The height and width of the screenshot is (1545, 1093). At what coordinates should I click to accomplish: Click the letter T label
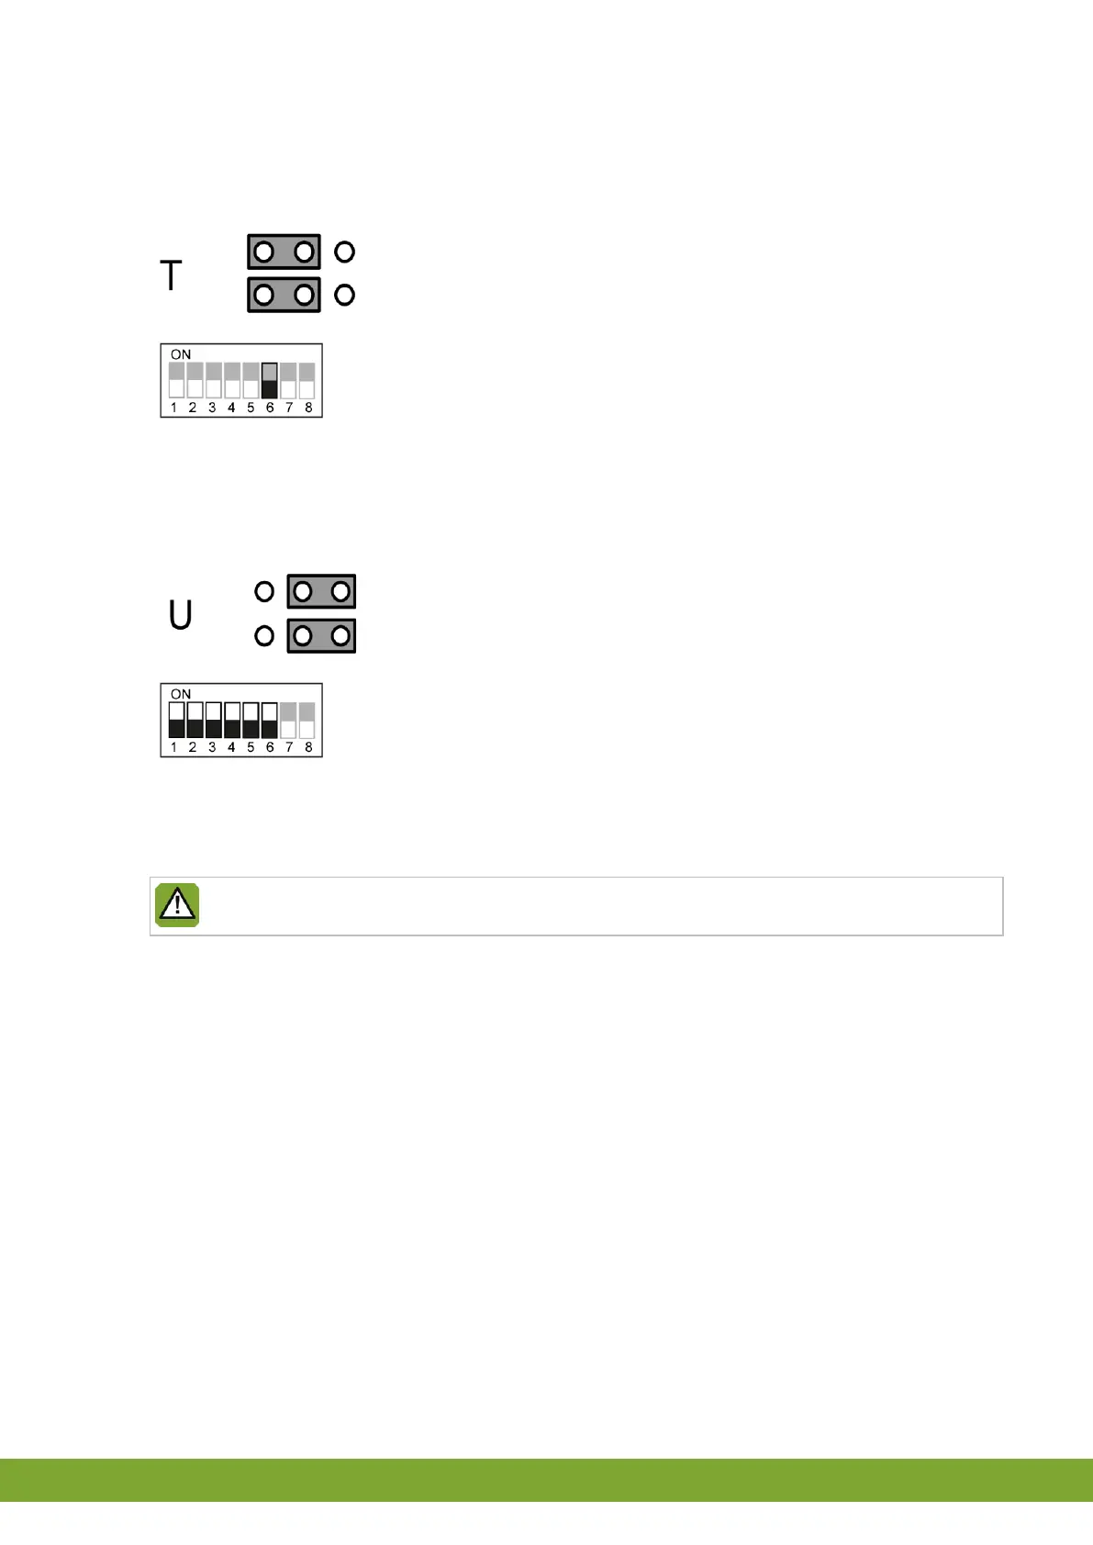tap(172, 275)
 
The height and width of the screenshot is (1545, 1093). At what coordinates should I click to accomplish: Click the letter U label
tap(181, 615)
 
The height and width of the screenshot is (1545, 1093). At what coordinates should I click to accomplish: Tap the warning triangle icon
tap(177, 905)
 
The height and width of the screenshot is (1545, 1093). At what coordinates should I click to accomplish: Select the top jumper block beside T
tap(284, 252)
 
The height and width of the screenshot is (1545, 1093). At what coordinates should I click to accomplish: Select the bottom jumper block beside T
tap(284, 295)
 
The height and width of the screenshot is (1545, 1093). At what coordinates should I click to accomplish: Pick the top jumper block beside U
tap(321, 592)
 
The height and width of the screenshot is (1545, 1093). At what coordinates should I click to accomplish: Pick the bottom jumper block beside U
tap(321, 635)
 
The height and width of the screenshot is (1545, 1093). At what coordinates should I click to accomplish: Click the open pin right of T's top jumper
tap(344, 252)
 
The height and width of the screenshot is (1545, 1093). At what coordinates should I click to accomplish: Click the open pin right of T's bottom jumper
tap(344, 295)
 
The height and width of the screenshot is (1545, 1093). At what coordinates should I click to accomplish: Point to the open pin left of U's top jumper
tap(264, 592)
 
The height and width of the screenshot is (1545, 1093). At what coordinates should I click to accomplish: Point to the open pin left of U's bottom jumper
tap(264, 635)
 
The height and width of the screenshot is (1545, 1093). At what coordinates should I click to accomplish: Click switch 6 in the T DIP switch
tap(269, 380)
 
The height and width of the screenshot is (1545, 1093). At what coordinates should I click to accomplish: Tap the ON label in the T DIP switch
tap(181, 354)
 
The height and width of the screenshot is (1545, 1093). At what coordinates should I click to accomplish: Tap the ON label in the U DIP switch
tap(181, 694)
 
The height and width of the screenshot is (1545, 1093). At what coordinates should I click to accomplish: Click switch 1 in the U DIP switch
tap(176, 721)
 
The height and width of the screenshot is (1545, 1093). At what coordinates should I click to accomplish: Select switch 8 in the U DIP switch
tap(307, 721)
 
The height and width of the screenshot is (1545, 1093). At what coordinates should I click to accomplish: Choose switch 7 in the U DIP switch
tap(288, 721)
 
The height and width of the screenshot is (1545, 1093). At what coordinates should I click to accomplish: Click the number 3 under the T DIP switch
tap(212, 408)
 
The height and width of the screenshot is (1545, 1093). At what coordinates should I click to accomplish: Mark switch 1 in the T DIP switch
tap(176, 380)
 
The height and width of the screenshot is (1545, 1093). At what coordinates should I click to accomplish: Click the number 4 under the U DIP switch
tap(231, 747)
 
